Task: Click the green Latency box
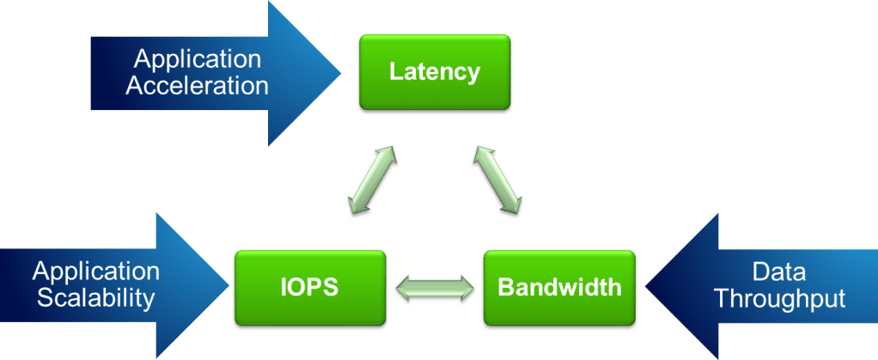tap(434, 73)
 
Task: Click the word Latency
tap(434, 71)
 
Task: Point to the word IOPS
tap(310, 287)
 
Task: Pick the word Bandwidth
tap(559, 286)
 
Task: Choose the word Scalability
tap(95, 299)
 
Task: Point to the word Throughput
tap(779, 299)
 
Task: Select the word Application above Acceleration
tap(197, 59)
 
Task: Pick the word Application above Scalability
tap(96, 272)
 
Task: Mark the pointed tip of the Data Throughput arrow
tap(646, 286)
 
